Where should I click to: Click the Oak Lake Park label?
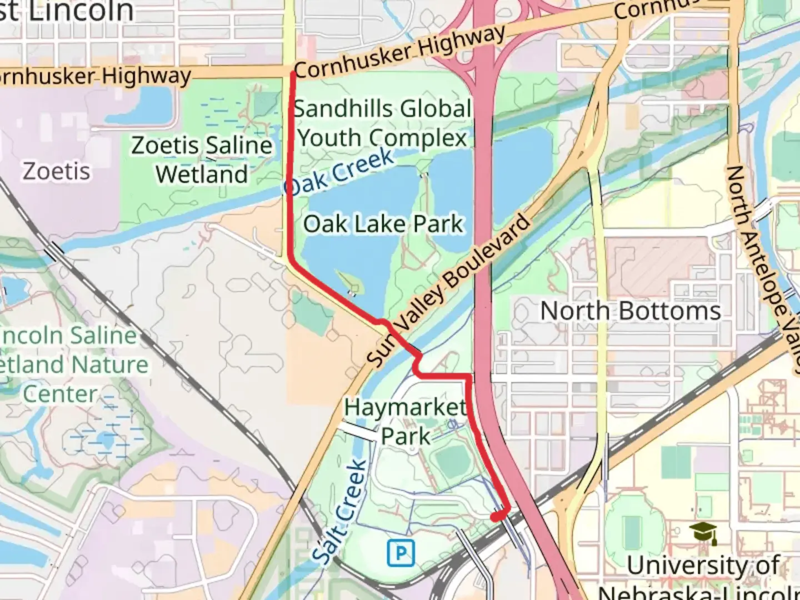tap(383, 224)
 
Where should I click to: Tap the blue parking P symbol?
tap(401, 553)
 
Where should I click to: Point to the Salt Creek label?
tap(339, 511)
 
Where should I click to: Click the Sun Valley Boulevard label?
tap(449, 291)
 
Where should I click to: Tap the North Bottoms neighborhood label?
tap(631, 311)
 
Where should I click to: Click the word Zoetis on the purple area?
tap(56, 171)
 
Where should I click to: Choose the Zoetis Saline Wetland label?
tap(202, 160)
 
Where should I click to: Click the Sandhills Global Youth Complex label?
tap(382, 123)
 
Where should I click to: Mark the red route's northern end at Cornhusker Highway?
tap(293, 73)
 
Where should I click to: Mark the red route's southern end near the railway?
tap(495, 517)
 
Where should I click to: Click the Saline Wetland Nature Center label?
tap(72, 365)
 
